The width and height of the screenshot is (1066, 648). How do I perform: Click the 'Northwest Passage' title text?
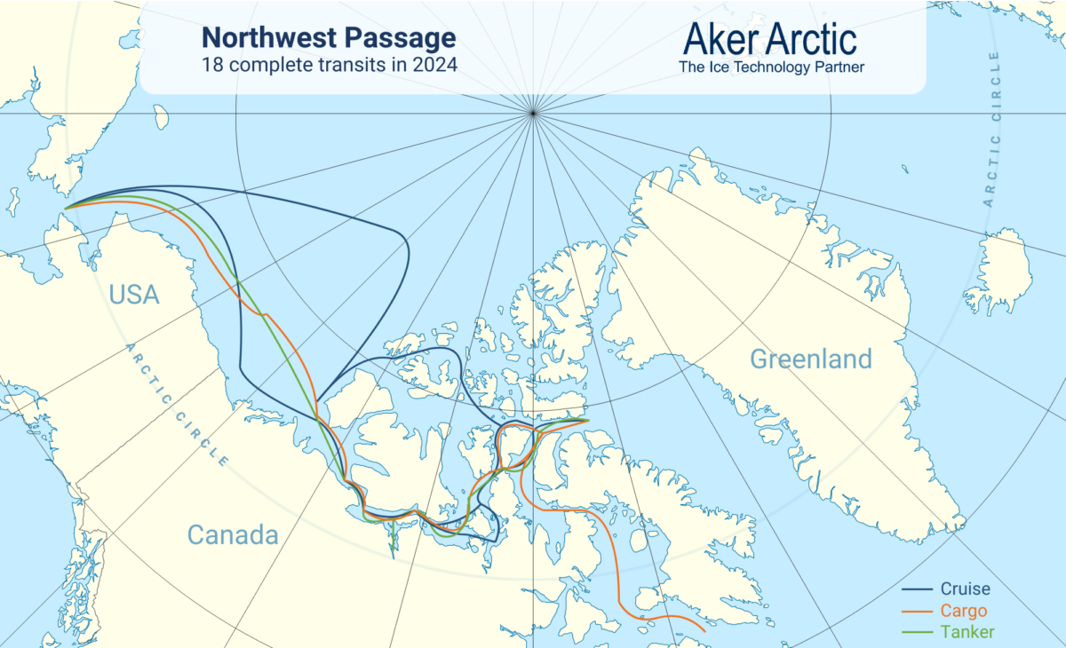coord(329,38)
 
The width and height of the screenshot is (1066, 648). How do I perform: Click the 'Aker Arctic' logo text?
coord(770,38)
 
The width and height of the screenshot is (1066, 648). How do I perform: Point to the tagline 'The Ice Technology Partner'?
coord(770,67)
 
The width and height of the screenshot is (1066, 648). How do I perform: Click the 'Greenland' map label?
coord(810,360)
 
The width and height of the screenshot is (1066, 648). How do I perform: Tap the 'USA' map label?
coord(134,295)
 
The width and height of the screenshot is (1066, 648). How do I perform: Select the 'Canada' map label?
coord(233,535)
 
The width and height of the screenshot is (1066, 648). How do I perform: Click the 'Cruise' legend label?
coord(964,589)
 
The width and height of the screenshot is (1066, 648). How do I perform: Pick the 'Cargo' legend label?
coord(962,611)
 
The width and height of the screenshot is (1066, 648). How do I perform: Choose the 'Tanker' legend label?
coord(967,632)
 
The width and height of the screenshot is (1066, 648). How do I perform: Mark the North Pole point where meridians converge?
coord(533,113)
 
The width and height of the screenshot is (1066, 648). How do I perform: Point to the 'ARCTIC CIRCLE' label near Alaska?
coord(177,404)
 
